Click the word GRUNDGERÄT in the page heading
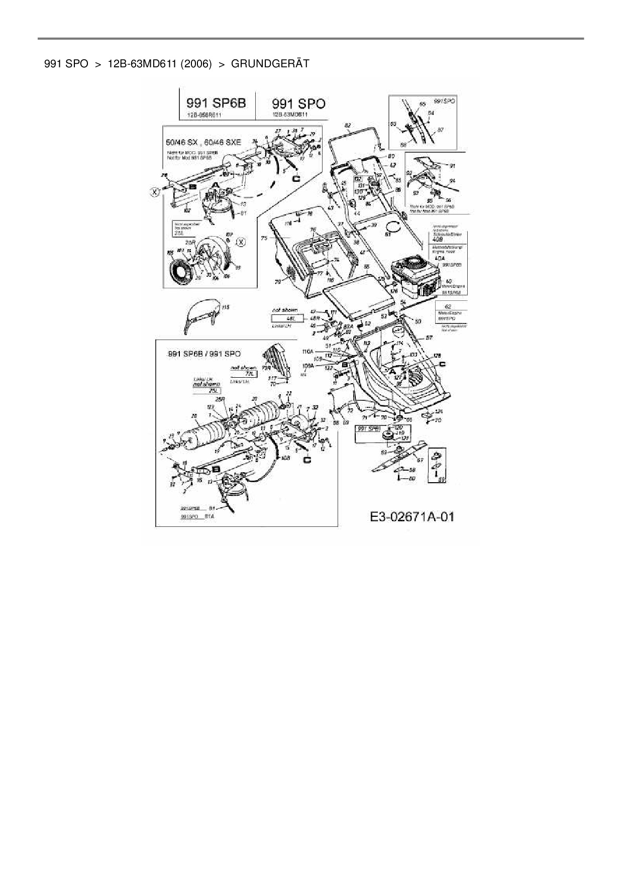[x=270, y=64]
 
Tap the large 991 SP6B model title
[x=217, y=103]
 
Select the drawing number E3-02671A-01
[x=412, y=516]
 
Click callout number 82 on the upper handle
[x=348, y=126]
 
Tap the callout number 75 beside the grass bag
[x=264, y=238]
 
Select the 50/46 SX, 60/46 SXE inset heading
[x=203, y=142]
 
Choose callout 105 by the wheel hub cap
[x=170, y=252]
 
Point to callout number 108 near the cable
[x=285, y=458]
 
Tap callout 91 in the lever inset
[x=452, y=165]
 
